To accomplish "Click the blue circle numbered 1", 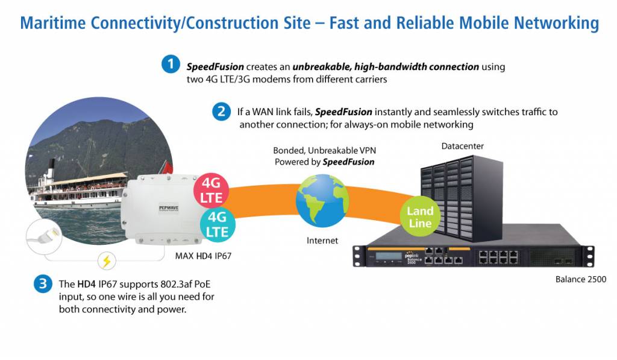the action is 171,64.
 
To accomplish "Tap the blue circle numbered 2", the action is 221,112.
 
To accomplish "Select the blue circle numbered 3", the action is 42,284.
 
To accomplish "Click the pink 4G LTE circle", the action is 211,189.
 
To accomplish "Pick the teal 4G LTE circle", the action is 217,224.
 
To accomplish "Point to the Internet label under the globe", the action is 322,241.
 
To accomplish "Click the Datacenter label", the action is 462,147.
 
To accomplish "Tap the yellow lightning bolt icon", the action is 107,261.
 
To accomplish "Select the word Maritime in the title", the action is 54,23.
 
